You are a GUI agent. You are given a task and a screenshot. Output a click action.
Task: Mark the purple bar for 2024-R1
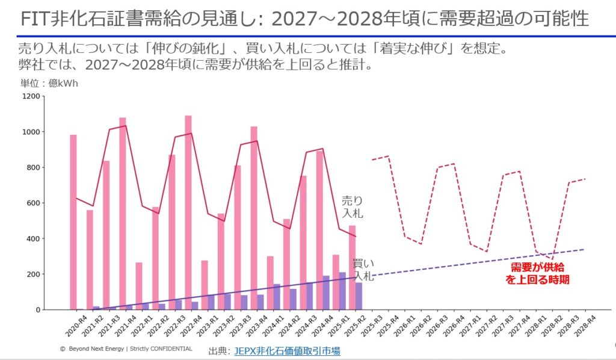pos(277,297)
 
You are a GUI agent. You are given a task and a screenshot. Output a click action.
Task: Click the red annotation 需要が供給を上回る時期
pos(537,273)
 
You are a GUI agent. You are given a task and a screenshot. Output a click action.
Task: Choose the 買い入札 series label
pos(363,270)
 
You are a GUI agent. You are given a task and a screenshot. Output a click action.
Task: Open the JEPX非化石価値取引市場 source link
pos(287,351)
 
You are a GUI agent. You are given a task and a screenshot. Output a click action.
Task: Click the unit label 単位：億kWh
pos(49,84)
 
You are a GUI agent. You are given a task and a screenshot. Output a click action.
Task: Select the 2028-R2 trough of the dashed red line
pos(552,259)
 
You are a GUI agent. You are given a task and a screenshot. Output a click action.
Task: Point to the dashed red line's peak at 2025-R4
pos(388,156)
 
